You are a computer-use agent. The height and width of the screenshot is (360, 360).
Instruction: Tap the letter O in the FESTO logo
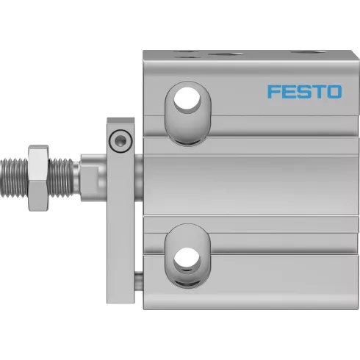point(334,92)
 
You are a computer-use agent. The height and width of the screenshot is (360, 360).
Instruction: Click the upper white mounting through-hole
point(187,100)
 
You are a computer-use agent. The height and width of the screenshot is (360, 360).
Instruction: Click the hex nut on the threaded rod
point(38,178)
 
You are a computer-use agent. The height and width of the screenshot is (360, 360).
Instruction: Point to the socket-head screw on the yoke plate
point(120,141)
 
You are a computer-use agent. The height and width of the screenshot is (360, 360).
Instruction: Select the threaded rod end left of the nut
point(14,178)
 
